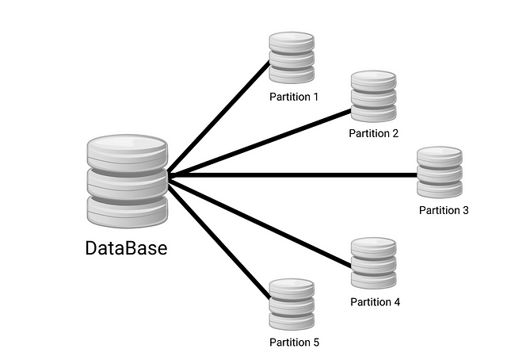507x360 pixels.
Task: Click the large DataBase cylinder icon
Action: click(x=127, y=182)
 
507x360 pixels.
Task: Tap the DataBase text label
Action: click(x=127, y=248)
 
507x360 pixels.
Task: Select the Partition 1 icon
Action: click(x=292, y=57)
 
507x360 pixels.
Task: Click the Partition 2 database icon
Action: click(x=373, y=96)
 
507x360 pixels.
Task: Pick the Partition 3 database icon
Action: click(x=440, y=172)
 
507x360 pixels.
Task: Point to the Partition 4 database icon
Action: click(x=373, y=263)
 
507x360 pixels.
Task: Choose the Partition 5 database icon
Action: click(x=292, y=304)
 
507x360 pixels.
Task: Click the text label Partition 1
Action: click(x=293, y=98)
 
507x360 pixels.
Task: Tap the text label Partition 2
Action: click(x=374, y=133)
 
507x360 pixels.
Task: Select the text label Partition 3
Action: click(x=444, y=210)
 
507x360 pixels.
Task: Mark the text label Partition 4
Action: click(x=375, y=302)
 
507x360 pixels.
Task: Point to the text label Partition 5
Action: click(x=293, y=343)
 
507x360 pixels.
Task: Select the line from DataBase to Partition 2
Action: click(x=261, y=142)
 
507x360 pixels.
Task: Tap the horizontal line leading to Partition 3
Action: click(x=293, y=174)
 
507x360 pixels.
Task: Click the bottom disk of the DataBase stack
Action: click(x=127, y=211)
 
